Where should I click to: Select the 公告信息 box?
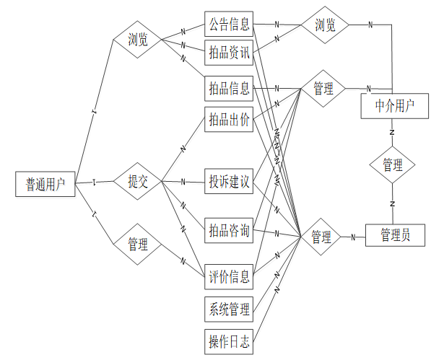coord(229,25)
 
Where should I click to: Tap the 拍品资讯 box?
coord(229,53)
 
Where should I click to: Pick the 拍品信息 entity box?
coord(229,89)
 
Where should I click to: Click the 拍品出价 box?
coord(229,120)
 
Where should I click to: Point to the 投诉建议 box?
coord(229,180)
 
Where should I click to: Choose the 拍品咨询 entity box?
coord(229,230)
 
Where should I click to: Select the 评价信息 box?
coord(229,276)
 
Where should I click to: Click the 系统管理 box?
coord(229,309)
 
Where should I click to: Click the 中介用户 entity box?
coord(395,106)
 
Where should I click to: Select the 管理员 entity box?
coord(395,235)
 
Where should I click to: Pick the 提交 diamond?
coord(138,181)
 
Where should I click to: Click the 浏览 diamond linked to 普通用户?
coord(138,40)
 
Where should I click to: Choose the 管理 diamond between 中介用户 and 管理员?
coord(393,164)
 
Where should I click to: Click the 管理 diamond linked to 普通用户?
coord(138,244)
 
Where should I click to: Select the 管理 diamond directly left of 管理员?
coord(321,236)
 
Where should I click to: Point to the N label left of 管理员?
coord(353,236)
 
